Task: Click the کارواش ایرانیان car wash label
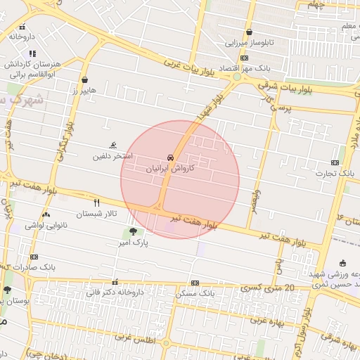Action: point(170,169)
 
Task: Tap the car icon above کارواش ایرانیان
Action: point(171,157)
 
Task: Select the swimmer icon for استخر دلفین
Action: point(112,145)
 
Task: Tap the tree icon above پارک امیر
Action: point(132,232)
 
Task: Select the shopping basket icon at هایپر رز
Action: point(85,79)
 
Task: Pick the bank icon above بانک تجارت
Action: point(335,162)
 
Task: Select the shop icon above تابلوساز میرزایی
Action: point(250,32)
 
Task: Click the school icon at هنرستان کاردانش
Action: point(32,53)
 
